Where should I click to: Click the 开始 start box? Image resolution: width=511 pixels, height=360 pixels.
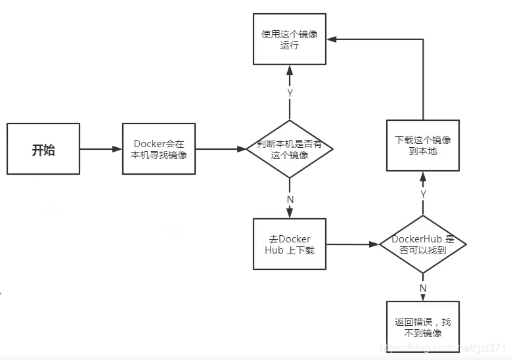pos(43,149)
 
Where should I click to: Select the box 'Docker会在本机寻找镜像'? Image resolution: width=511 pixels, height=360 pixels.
pos(160,149)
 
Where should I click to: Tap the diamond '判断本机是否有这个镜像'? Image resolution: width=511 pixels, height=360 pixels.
pos(290,149)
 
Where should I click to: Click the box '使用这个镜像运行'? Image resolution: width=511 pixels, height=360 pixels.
pos(290,39)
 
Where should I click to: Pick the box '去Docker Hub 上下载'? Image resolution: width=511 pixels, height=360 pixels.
pos(290,244)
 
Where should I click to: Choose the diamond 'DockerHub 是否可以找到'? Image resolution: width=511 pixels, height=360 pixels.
pos(423,244)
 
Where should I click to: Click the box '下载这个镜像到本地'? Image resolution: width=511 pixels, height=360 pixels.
pos(423,146)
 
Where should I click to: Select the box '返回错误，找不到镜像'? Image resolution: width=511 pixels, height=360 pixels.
pos(423,328)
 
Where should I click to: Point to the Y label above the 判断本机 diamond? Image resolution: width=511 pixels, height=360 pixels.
pos(290,93)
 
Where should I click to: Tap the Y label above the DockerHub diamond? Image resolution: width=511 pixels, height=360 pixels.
pos(423,194)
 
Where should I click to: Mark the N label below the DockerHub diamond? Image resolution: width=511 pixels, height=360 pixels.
pos(423,287)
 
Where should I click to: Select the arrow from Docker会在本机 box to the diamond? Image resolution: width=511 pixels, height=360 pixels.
pos(221,149)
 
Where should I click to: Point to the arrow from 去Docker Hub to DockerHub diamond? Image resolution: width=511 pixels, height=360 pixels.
pos(353,244)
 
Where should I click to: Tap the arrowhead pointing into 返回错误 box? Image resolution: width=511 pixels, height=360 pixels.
pos(423,297)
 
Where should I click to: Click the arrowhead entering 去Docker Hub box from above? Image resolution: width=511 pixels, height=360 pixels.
pos(290,214)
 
